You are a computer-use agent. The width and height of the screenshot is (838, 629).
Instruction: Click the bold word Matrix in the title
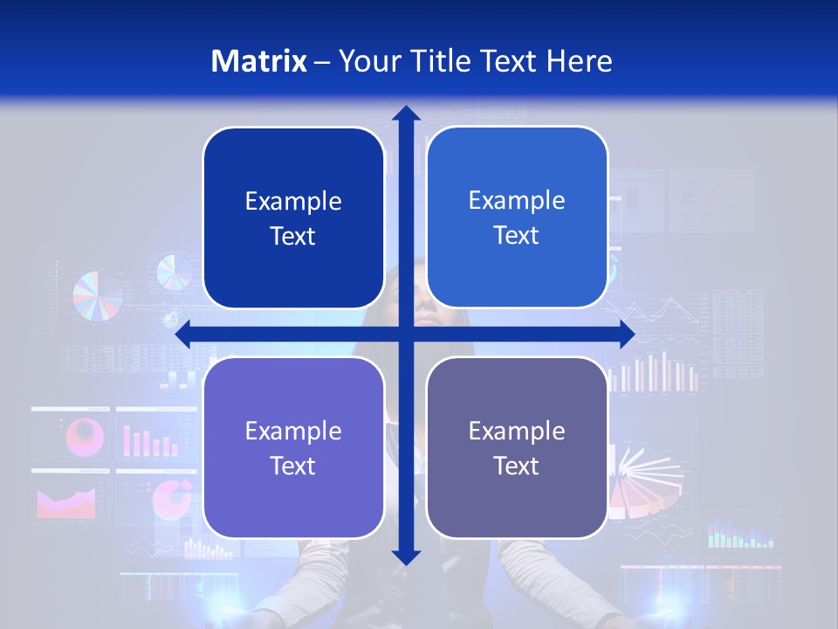click(x=259, y=61)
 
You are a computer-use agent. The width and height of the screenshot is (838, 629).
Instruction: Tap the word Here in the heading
click(x=579, y=61)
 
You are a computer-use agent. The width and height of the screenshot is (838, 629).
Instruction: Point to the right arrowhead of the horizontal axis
click(x=626, y=334)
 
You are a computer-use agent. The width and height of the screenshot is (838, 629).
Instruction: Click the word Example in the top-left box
click(x=293, y=202)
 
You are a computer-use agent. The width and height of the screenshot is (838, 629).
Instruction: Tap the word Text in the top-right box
click(x=517, y=236)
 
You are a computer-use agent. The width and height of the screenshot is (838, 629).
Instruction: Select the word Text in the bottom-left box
click(x=293, y=466)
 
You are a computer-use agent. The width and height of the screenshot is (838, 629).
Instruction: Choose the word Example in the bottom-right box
click(x=517, y=431)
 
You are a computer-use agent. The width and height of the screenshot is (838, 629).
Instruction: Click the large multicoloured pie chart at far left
click(x=98, y=295)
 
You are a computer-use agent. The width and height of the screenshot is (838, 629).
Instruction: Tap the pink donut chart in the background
click(x=86, y=434)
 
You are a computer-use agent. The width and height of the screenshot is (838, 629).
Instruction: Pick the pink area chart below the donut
click(x=66, y=501)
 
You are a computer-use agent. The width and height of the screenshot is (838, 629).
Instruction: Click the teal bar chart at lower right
click(x=740, y=534)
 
